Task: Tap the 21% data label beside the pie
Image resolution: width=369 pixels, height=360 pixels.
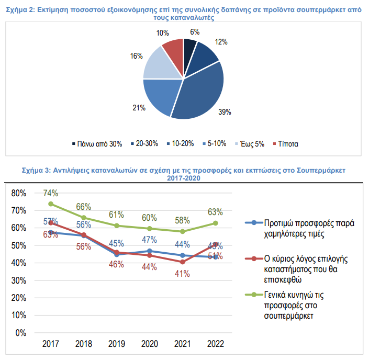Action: [139, 108]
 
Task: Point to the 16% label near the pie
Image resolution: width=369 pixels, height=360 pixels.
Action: [137, 56]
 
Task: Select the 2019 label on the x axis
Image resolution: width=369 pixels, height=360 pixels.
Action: [116, 344]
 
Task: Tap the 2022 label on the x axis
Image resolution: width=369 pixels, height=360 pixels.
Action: [215, 344]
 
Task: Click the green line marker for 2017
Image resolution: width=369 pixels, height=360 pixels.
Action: [51, 204]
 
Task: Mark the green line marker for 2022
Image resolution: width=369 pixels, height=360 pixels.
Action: [215, 223]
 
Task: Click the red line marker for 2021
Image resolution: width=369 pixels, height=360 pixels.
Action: [182, 262]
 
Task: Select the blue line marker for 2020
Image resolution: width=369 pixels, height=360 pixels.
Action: [150, 251]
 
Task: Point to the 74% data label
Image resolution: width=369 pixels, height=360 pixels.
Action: [50, 192]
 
